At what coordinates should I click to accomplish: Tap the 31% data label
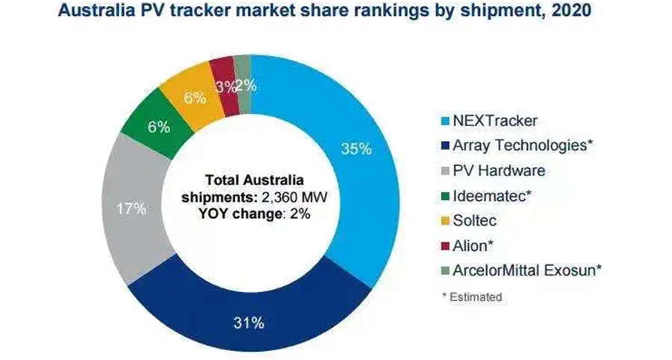[x=248, y=323]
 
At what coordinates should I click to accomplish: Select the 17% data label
[x=131, y=209]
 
